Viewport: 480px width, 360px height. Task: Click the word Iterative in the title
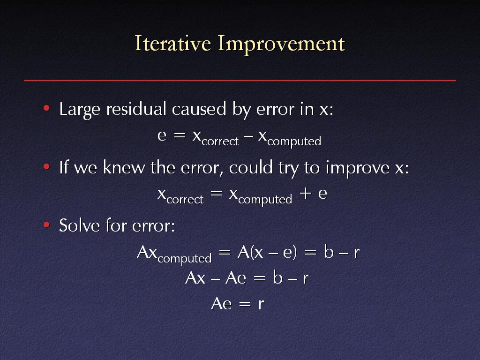tap(172, 43)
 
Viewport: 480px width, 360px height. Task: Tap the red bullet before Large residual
tap(46, 108)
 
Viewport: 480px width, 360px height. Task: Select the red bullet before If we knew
tap(46, 166)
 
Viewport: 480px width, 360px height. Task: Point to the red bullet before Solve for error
tap(46, 225)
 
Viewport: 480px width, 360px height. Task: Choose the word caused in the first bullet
tap(199, 109)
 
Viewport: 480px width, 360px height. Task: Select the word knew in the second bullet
tap(124, 167)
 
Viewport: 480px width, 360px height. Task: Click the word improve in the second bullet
tap(358, 169)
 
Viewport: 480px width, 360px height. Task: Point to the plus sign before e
tap(306, 193)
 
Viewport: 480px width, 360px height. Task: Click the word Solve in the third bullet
tap(79, 225)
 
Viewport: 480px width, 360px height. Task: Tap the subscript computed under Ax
tap(185, 259)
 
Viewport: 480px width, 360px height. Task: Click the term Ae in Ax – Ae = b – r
tap(236, 278)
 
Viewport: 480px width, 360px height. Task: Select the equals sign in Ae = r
tap(245, 304)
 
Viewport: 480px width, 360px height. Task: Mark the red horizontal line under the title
tap(240, 81)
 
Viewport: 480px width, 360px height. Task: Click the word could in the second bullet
tap(251, 167)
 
